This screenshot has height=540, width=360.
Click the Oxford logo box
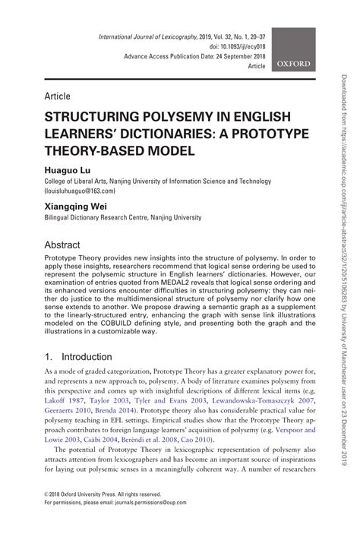293,50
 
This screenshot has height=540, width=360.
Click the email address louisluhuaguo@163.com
87,193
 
